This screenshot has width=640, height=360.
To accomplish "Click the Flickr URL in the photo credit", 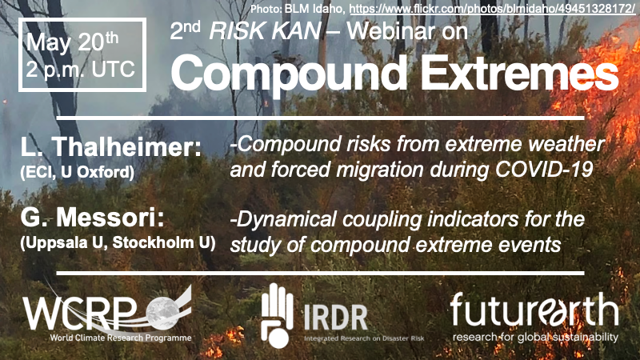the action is pos(492,9).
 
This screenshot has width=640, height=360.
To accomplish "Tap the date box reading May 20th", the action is pos(82,54).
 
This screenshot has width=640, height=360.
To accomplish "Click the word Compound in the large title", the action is pos(289,74).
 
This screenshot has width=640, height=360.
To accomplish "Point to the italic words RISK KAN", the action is pos(265,31).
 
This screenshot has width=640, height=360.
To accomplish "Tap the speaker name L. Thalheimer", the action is pos(111,146).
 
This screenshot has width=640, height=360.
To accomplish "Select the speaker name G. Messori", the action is pos(92,218).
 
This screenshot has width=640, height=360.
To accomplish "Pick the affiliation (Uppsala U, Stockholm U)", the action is pos(118,243).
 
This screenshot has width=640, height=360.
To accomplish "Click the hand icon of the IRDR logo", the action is pos(277,315).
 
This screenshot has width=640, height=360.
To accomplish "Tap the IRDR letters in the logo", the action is pos(336,318).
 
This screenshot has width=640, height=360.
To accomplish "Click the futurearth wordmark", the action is pos(534,311).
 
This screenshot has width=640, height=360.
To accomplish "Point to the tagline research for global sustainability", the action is pos(535,338).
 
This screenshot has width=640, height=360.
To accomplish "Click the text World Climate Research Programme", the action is pos(121,338).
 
